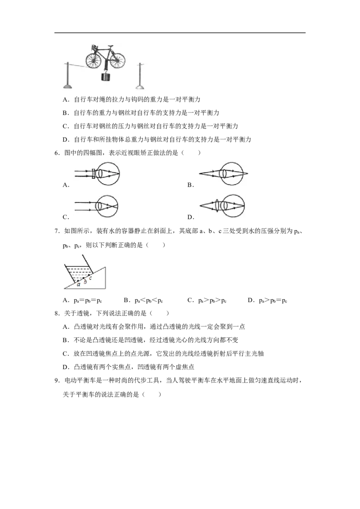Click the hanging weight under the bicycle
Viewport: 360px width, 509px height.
click(106, 77)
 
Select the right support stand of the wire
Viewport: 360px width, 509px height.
click(139, 76)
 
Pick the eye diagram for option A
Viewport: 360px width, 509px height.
click(97, 174)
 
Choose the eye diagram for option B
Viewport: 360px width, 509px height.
click(224, 174)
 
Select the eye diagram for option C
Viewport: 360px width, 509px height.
click(96, 206)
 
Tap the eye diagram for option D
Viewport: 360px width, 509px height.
click(222, 206)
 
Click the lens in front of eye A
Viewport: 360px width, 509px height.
click(94, 174)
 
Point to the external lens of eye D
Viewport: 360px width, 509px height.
click(216, 206)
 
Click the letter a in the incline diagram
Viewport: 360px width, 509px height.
click(78, 285)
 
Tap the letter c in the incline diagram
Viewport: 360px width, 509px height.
click(90, 278)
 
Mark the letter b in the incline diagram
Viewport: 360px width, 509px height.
click(85, 281)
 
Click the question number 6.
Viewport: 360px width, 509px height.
click(57, 153)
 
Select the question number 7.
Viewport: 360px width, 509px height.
click(57, 231)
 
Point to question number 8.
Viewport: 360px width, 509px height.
click(57, 313)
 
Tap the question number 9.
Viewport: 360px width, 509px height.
click(57, 380)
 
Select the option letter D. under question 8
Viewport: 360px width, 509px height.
click(66, 367)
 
